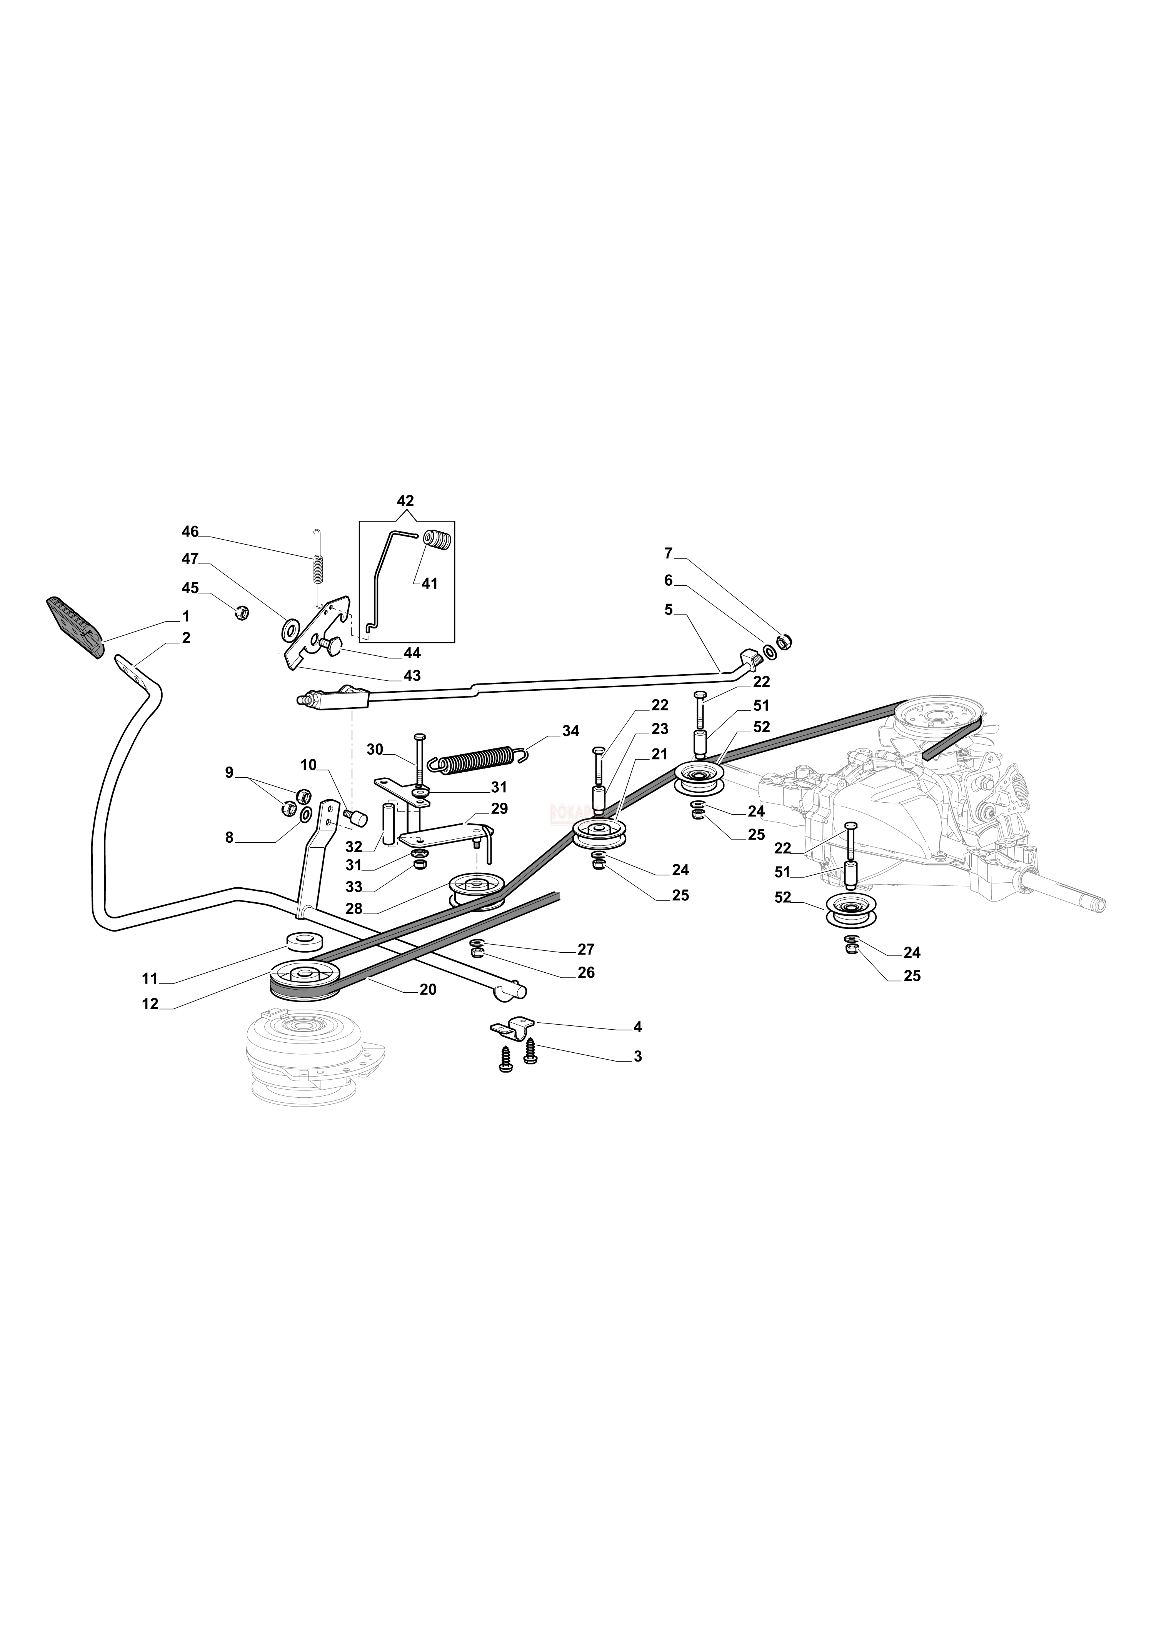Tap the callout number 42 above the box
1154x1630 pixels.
tap(405, 501)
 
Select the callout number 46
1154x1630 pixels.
tap(190, 532)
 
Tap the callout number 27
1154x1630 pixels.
tap(586, 949)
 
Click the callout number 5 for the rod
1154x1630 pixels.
tap(668, 610)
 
